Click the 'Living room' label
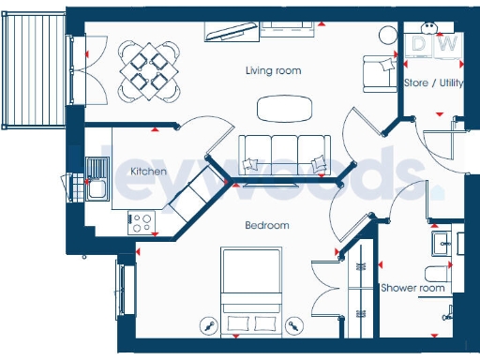coord(273,70)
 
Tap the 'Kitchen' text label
coord(148,172)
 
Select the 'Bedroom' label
coord(267,225)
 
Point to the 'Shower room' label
coord(412,288)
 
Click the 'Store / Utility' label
coord(432,82)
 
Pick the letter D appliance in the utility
coord(421,43)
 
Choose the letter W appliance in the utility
coord(447,43)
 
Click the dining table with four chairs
coord(149,68)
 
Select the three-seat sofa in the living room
coord(284,153)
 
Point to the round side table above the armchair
coord(387,35)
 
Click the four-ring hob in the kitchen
coord(142,222)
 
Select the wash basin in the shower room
coord(443,243)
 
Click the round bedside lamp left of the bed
coord(208,326)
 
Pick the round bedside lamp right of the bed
coord(295,326)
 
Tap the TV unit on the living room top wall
coord(232,33)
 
